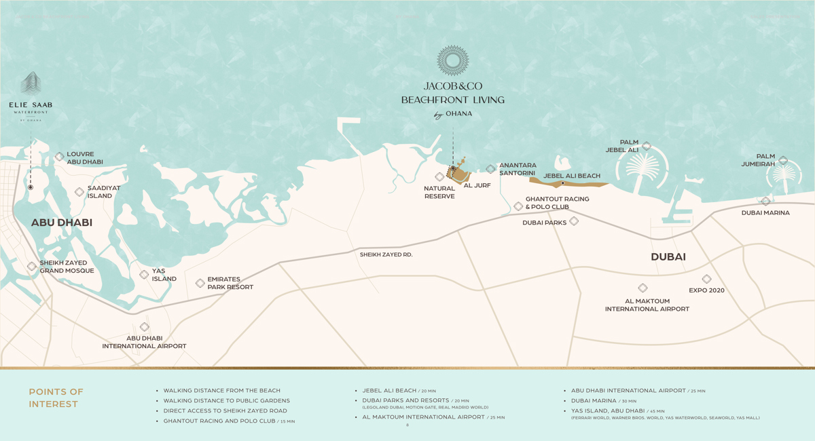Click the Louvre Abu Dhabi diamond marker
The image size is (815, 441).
[x=60, y=157]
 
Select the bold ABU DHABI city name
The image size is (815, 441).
[x=62, y=223]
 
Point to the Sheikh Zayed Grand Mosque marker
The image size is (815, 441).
[x=32, y=267]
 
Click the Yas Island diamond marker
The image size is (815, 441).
[x=144, y=275]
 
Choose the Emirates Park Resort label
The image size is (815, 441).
[x=230, y=283]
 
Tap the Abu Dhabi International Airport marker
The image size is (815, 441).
[x=145, y=328]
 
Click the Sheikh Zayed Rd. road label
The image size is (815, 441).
[x=386, y=254]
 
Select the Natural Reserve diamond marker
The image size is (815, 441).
[x=439, y=177]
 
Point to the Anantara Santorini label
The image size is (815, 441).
[x=518, y=169]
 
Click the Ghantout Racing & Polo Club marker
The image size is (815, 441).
[x=518, y=206]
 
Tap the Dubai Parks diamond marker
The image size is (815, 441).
[x=574, y=221]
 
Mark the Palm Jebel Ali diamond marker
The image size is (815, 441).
[x=647, y=146]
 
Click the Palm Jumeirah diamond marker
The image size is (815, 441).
[x=783, y=161]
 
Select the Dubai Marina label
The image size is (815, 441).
[x=765, y=213]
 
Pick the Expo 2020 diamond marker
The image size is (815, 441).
[x=706, y=279]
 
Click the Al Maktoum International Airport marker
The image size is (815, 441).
[x=642, y=288]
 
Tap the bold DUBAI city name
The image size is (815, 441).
[x=668, y=257]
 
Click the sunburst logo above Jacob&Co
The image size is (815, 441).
[x=453, y=62]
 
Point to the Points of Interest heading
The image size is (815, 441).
[x=56, y=398]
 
